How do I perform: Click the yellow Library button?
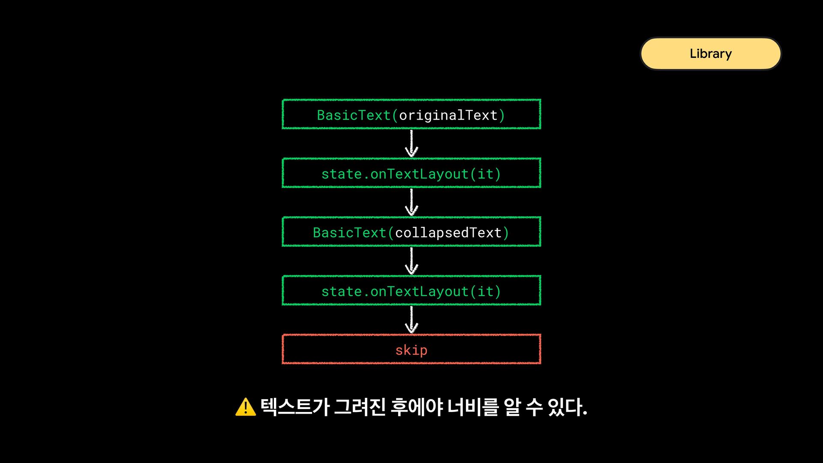click(x=710, y=54)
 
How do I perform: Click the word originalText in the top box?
click(x=448, y=115)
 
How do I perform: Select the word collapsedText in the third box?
click(x=448, y=233)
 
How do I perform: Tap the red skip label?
click(x=411, y=350)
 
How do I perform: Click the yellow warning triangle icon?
click(x=246, y=407)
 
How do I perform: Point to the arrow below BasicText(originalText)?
click(x=411, y=144)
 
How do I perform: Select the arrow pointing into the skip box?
click(x=411, y=320)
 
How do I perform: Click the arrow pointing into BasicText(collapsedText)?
click(x=411, y=202)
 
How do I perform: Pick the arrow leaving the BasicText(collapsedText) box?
click(x=411, y=261)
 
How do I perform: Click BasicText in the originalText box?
click(x=354, y=115)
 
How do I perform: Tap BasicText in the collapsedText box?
click(x=349, y=233)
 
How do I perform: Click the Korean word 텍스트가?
click(x=294, y=407)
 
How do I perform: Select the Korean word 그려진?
click(x=360, y=407)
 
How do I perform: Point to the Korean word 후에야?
click(x=416, y=407)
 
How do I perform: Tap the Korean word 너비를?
click(x=473, y=407)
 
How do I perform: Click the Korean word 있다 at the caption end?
click(x=565, y=407)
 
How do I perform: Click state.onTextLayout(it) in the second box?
click(x=411, y=174)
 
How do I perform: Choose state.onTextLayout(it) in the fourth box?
click(x=411, y=292)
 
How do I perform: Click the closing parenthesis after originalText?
click(x=502, y=115)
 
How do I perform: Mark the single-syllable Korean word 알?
click(x=512, y=407)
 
